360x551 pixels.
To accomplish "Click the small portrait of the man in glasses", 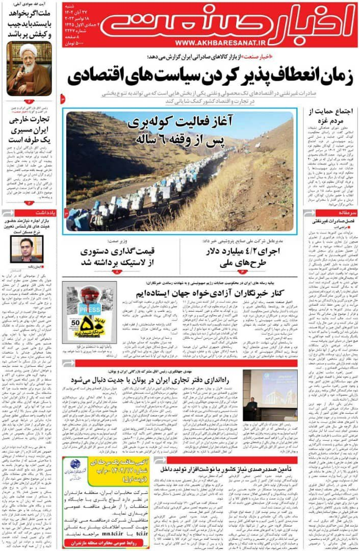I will (27, 249).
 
